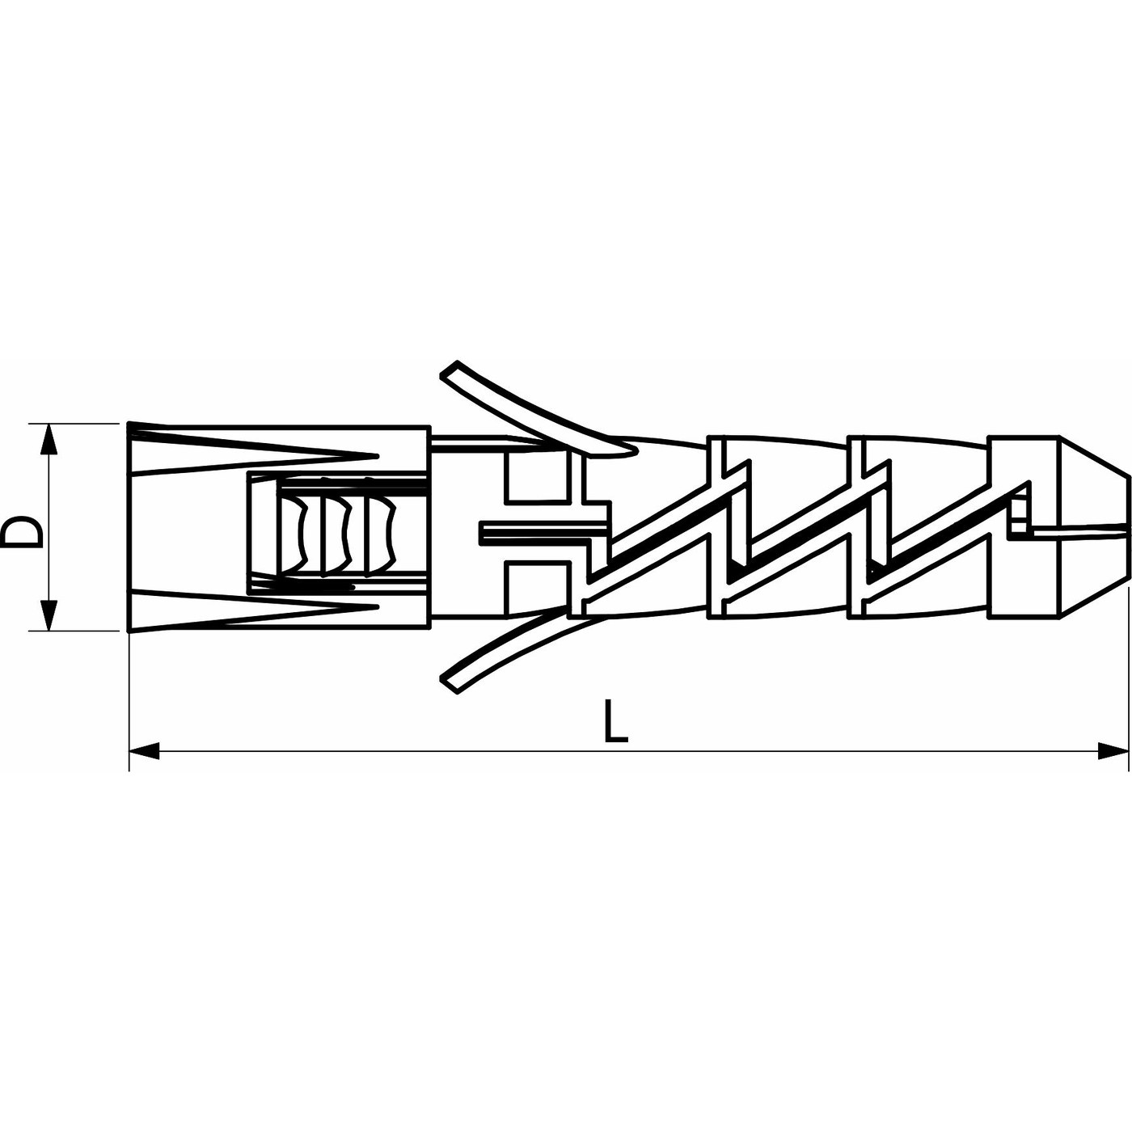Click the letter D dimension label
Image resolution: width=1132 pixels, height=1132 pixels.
pos(22,532)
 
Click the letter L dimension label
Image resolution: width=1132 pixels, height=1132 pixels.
pos(615,720)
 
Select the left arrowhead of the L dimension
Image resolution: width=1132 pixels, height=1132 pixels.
pos(144,750)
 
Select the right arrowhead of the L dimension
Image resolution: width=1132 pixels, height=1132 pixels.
pos(1113,750)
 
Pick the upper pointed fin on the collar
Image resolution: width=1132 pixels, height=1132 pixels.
pos(252,449)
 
